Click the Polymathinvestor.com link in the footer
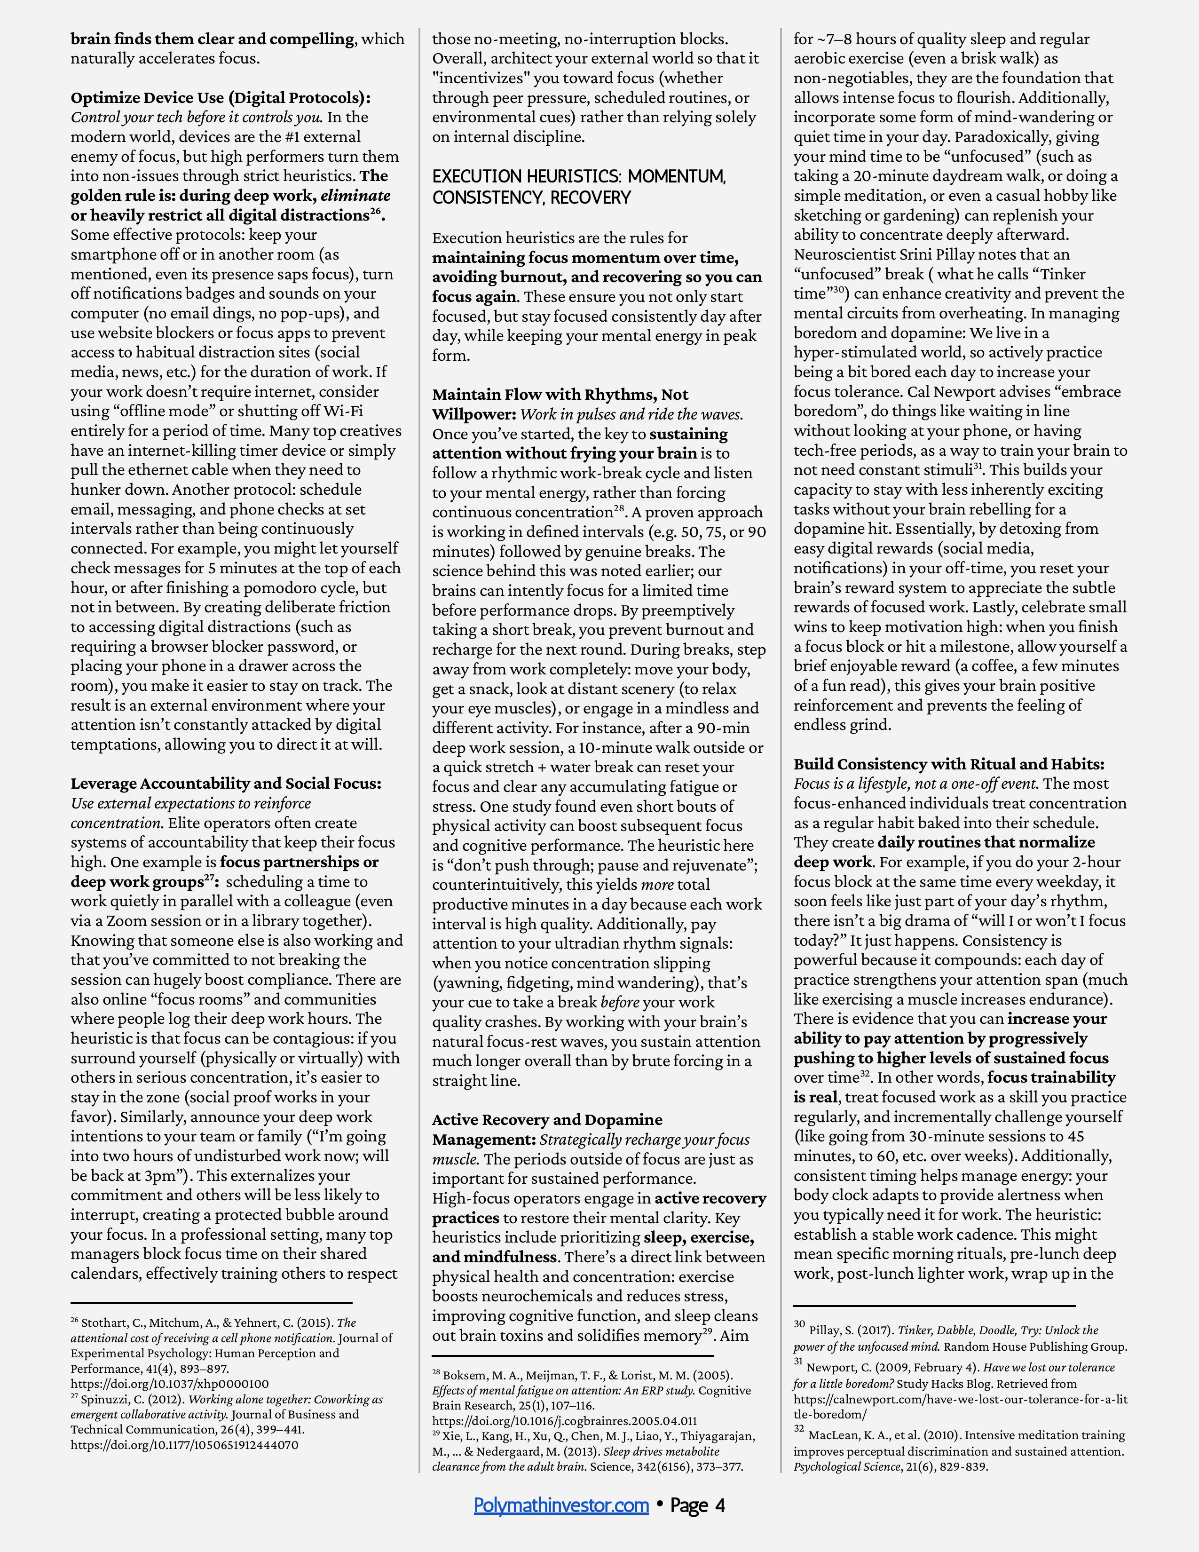561,1505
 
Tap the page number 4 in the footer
720,1505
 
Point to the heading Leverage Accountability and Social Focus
226,783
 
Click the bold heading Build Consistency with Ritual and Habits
949,764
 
